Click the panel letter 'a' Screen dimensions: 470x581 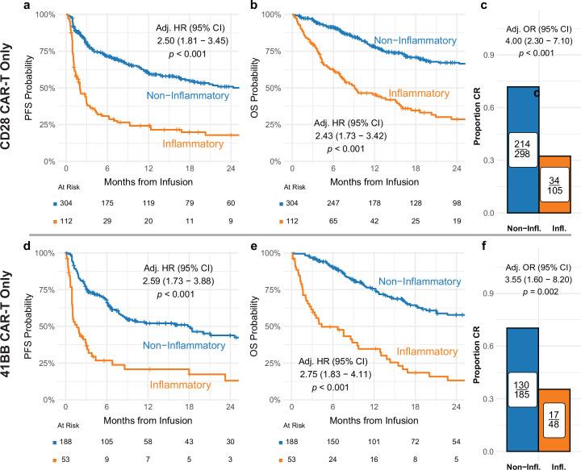(x=27, y=6)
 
